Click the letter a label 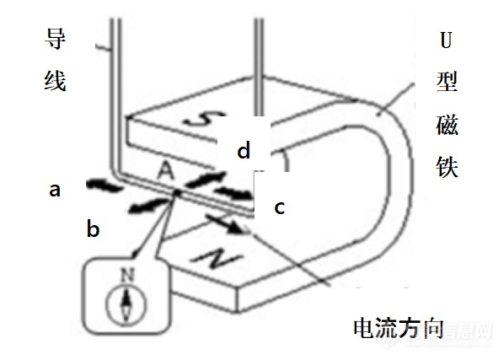coord(55,190)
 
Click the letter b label coord(94,228)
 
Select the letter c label coord(279,207)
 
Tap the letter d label coord(244,149)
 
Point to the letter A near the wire coord(166,170)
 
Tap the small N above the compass coord(127,275)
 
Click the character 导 coord(55,39)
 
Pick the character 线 coord(55,80)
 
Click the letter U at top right coord(446,40)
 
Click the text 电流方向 coord(399,328)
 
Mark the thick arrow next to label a coord(105,185)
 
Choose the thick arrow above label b coord(148,205)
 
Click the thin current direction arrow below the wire coord(224,223)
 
